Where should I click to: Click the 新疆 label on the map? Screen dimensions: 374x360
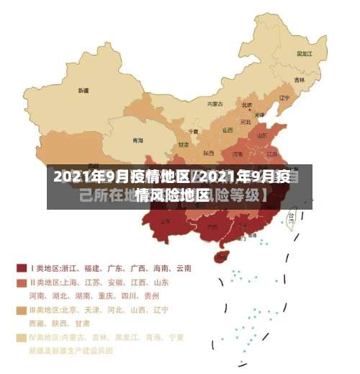tap(84, 91)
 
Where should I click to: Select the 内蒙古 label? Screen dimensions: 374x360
tap(215, 104)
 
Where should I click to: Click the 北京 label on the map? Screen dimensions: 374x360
tap(247, 104)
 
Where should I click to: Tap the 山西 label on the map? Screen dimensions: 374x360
tap(228, 130)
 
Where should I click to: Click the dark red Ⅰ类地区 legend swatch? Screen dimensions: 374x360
tap(21, 268)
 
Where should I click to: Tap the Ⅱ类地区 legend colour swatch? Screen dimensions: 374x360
tap(21, 282)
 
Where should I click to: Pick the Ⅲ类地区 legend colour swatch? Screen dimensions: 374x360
tap(21, 310)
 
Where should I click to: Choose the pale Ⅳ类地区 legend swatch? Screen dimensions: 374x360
tap(21, 337)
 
